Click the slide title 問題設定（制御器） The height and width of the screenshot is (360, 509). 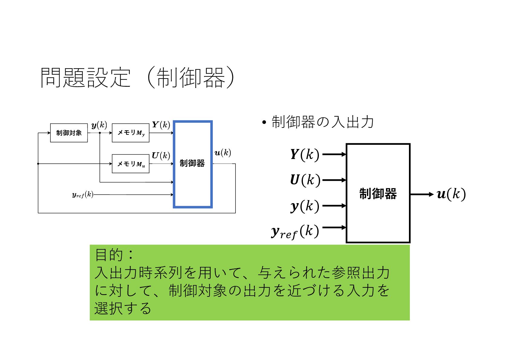pyautogui.click(x=138, y=78)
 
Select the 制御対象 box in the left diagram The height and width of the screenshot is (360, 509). pyautogui.click(x=69, y=133)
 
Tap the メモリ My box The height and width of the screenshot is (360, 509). pyautogui.click(x=131, y=133)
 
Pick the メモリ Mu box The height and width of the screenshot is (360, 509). pyautogui.click(x=131, y=164)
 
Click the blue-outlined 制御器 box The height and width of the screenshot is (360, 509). pyautogui.click(x=193, y=164)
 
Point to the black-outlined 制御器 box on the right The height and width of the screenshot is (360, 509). pyautogui.click(x=378, y=193)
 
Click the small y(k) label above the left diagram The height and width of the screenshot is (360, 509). pyautogui.click(x=99, y=125)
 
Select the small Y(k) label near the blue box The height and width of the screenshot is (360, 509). pyautogui.click(x=161, y=125)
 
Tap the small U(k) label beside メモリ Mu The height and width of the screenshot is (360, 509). pyautogui.click(x=161, y=155)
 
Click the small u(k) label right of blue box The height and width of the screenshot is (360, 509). pyautogui.click(x=223, y=153)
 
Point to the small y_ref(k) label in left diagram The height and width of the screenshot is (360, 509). pyautogui.click(x=83, y=195)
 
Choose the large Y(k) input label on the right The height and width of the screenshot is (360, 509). pyautogui.click(x=305, y=154)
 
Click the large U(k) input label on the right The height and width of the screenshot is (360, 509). pyautogui.click(x=305, y=180)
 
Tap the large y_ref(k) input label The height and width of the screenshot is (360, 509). pyautogui.click(x=295, y=232)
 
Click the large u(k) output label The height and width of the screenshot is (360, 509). pyautogui.click(x=451, y=194)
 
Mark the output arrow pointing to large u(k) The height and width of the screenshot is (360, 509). pyautogui.click(x=422, y=194)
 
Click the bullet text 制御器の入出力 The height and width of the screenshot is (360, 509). pyautogui.click(x=323, y=122)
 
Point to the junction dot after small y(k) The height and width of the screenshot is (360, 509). pyautogui.click(x=100, y=133)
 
